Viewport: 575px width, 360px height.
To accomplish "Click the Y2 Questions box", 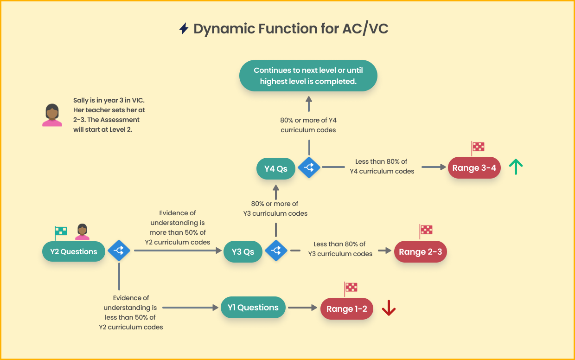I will [x=74, y=252].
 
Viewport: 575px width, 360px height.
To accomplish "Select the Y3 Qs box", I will [x=243, y=252].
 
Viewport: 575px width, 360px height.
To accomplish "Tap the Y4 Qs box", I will [x=276, y=169].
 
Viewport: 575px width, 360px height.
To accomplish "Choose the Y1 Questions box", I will [x=253, y=308].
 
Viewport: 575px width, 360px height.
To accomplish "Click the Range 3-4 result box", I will [x=474, y=168].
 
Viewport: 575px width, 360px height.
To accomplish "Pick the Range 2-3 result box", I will [x=420, y=252].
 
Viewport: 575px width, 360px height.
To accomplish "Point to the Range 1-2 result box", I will [x=347, y=309].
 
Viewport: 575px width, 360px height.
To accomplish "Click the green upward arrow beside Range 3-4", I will [x=516, y=167].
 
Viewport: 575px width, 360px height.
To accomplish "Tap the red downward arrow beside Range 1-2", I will [x=389, y=308].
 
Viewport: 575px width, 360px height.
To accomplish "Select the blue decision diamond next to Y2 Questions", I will [x=119, y=251].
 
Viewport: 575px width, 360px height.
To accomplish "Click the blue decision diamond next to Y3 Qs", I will [x=276, y=251].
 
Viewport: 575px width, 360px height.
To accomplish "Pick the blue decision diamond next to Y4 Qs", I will [x=309, y=168].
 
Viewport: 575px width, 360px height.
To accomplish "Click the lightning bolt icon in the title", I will [x=184, y=29].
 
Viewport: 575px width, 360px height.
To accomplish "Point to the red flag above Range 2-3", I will [x=426, y=230].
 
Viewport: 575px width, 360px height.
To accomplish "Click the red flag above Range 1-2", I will [x=351, y=287].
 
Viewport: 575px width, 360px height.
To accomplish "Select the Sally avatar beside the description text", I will [x=52, y=115].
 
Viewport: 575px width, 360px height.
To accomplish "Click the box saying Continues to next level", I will [x=308, y=76].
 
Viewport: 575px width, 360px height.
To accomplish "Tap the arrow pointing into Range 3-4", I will [x=433, y=167].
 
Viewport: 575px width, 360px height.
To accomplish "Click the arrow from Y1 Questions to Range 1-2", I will [x=302, y=308].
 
